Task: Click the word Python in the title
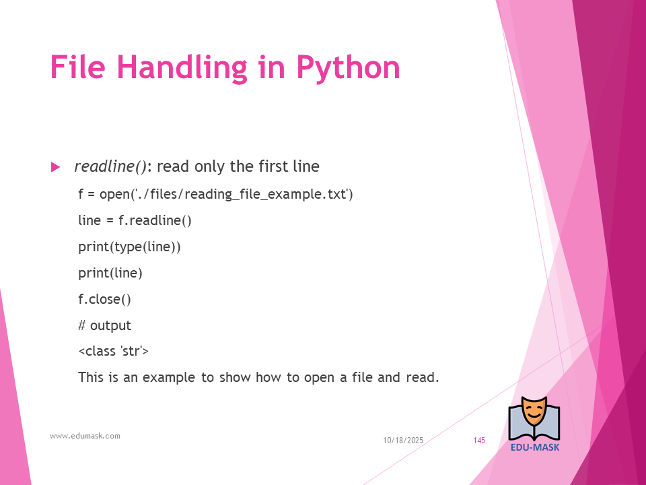348,68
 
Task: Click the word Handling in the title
182,68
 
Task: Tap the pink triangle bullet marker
55,167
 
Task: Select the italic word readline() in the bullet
110,166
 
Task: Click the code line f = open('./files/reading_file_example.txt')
215,194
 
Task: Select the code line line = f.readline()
135,220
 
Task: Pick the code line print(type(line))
129,247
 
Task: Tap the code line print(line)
110,273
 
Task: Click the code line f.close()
105,299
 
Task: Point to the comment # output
105,325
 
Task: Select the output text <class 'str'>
113,351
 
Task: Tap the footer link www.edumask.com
85,436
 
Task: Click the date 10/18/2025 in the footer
403,441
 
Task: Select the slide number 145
479,441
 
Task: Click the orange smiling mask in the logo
534,412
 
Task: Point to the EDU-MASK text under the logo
535,447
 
